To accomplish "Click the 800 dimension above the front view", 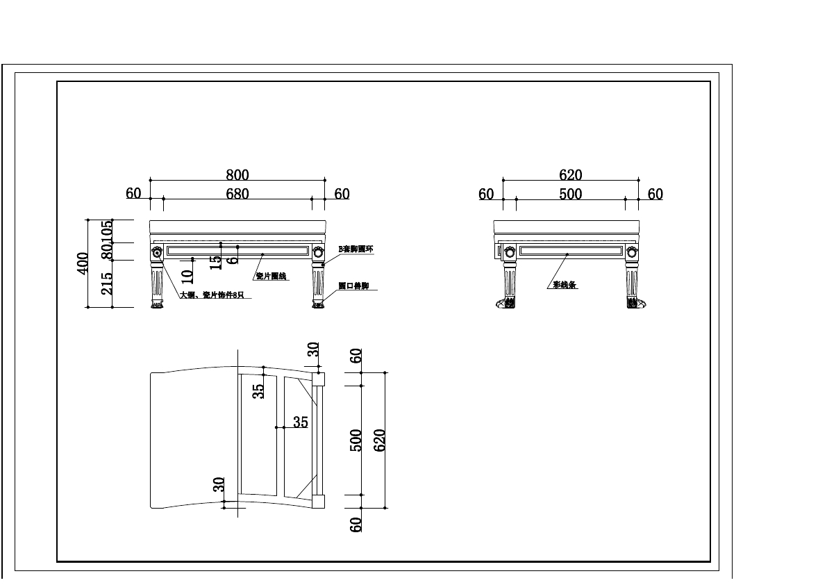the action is click(237, 175).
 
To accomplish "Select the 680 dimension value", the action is click(237, 194).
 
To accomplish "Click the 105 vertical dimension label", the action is click(108, 231).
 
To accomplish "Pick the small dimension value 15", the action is click(216, 261).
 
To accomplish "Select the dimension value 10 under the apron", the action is click(187, 276).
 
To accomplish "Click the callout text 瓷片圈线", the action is click(271, 277).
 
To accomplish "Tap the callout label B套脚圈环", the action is click(356, 249).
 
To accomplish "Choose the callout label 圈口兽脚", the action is click(353, 286).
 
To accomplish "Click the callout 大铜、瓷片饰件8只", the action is click(212, 295).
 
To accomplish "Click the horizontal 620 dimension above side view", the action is click(571, 175).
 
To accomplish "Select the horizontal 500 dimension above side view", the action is click(571, 195).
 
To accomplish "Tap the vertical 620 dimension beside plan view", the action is click(380, 440).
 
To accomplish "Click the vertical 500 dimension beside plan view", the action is click(356, 440).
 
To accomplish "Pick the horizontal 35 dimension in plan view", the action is click(300, 422).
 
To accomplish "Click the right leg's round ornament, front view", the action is click(318, 252).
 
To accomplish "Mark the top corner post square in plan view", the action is click(319, 379).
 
